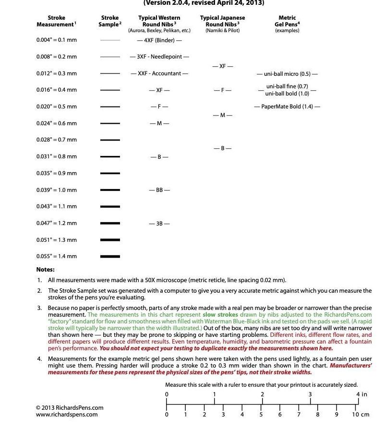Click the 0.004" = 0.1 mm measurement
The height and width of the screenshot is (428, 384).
pyautogui.click(x=56, y=40)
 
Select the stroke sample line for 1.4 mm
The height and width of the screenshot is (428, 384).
pyautogui.click(x=110, y=257)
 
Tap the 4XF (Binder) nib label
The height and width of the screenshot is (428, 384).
pyautogui.click(x=159, y=40)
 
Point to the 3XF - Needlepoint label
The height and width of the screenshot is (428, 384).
pyautogui.click(x=159, y=57)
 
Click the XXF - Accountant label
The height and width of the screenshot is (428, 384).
pyautogui.click(x=159, y=73)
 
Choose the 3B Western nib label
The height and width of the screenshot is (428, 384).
pyautogui.click(x=159, y=224)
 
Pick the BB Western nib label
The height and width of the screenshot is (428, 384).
pyautogui.click(x=159, y=190)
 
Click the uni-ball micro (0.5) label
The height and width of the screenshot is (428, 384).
pyautogui.click(x=287, y=74)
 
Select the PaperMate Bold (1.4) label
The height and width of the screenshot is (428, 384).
pyautogui.click(x=287, y=107)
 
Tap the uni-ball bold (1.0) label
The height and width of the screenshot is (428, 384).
pyautogui.click(x=287, y=94)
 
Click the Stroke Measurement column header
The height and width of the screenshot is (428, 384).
pyautogui.click(x=57, y=21)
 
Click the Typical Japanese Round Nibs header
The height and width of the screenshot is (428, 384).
pyautogui.click(x=222, y=21)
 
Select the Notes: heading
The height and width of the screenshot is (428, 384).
pyautogui.click(x=46, y=270)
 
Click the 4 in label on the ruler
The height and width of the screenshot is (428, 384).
pyautogui.click(x=361, y=394)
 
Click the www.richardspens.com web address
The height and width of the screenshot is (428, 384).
pyautogui.click(x=67, y=415)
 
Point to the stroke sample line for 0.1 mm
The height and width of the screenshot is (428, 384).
pyautogui.click(x=110, y=40)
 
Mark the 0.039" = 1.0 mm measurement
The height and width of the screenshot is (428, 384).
pyautogui.click(x=56, y=190)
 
